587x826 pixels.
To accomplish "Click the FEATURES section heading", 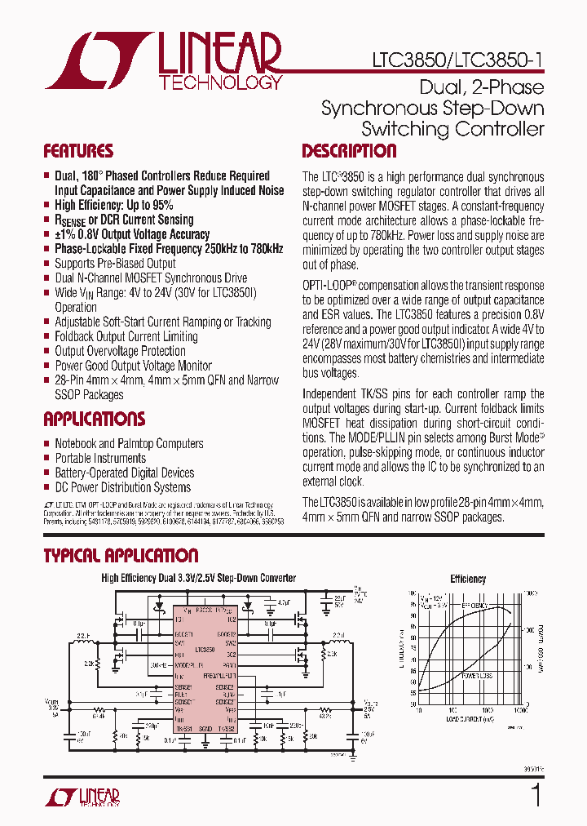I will pos(78,151).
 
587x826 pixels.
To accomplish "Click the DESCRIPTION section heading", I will pos(349,151).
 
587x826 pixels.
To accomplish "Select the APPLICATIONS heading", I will pos(94,420).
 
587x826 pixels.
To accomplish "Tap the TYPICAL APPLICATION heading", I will pos(121,556).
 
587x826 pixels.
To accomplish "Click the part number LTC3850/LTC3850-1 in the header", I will pos(457,61).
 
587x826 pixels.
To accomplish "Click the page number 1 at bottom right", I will pos(536,794).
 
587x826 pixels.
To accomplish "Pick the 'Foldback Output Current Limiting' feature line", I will pos(126,336).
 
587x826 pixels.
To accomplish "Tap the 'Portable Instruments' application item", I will pos(100,458).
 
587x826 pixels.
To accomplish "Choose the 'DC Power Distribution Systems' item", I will pos(122,487).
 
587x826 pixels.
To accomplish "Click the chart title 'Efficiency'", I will pos(468,579).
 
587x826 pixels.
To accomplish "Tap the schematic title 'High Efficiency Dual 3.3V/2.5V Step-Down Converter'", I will pos(198,578).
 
